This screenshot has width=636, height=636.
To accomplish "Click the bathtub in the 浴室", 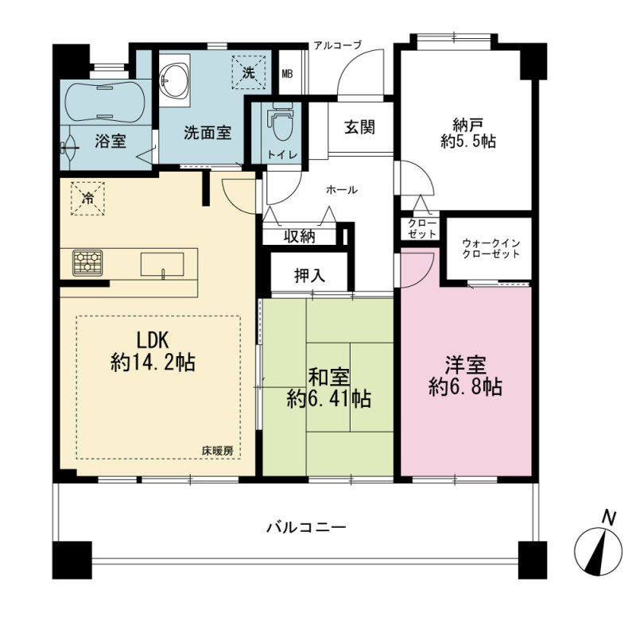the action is coord(105,102).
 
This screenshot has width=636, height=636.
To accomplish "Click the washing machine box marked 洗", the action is coord(248,72).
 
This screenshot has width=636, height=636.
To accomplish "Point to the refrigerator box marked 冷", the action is coord(87,198).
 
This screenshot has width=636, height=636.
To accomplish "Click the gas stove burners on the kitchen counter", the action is coord(87,263).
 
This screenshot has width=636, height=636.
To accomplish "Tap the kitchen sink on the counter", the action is coord(162,265).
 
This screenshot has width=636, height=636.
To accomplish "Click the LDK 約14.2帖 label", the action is coord(153,351).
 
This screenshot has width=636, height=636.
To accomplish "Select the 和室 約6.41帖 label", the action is coord(328,388).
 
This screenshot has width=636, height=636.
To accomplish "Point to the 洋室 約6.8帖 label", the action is coord(466,376).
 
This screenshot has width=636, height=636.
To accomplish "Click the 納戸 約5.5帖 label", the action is coord(468,134).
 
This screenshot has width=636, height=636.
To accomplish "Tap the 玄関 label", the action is coord(360,127).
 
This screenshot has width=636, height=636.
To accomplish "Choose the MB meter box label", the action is coord(287,74).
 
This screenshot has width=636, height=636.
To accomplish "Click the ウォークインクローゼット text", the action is coord(491,249).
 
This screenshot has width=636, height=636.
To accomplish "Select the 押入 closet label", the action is coord(310,276).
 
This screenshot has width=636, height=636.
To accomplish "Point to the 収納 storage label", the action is coord(300,236).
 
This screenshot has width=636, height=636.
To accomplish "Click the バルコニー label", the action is coord(306,527).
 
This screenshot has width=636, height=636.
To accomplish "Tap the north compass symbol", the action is coord(599,548).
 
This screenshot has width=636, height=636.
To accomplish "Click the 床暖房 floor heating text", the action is coord(218,451).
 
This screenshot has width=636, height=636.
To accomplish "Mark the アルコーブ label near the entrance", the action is coord(337,45).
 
